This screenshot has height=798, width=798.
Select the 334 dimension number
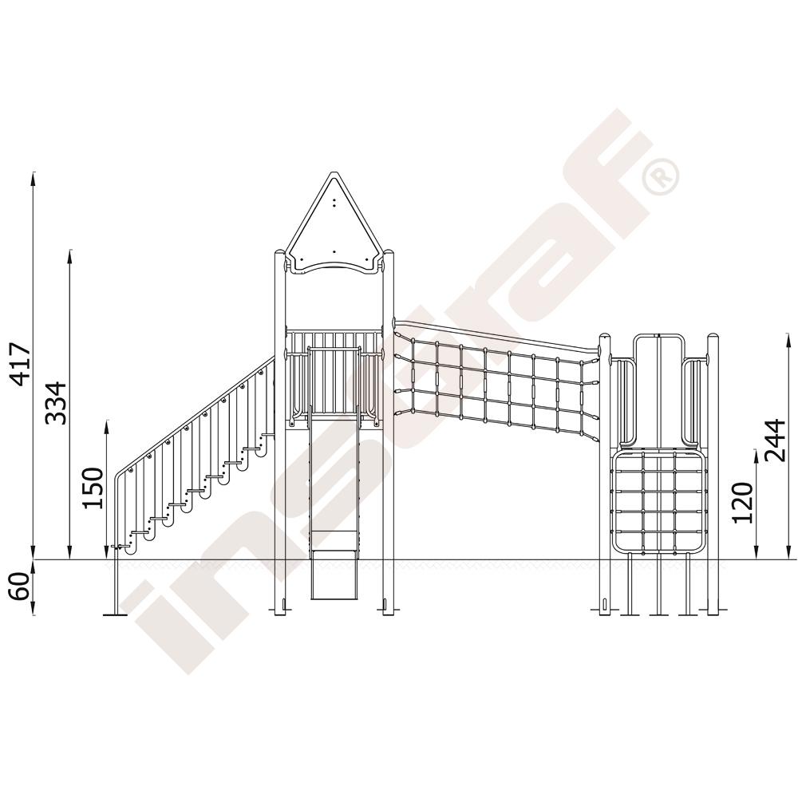click(x=56, y=403)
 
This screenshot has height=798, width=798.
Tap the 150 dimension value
click(x=93, y=488)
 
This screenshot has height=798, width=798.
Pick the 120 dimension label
click(x=742, y=503)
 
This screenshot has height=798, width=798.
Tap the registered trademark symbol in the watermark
click(x=660, y=176)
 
